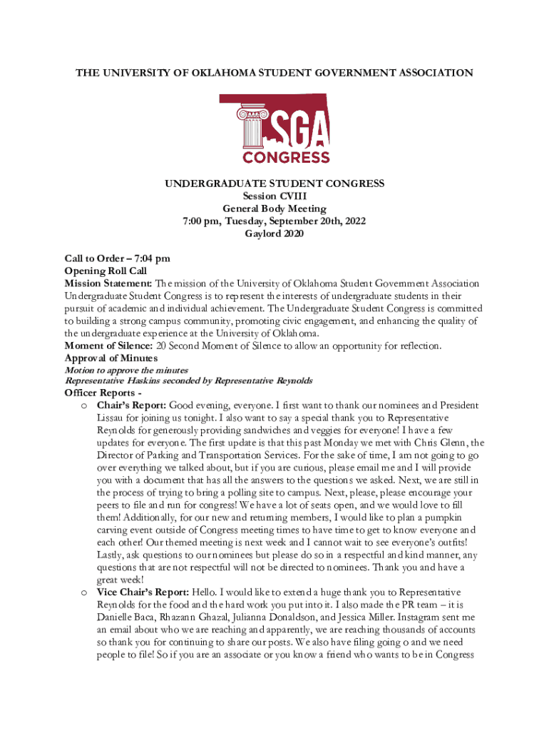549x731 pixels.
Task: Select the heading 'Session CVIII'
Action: (274, 196)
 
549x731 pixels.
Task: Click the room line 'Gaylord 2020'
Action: (274, 234)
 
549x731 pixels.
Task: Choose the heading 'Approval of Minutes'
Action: (111, 358)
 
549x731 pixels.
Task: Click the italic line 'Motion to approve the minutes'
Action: (126, 370)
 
